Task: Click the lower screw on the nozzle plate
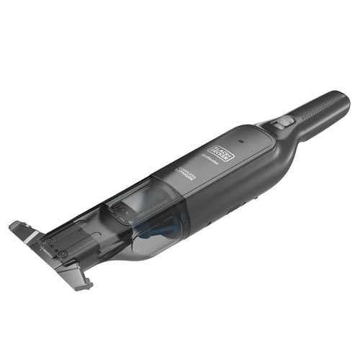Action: coord(63,254)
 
